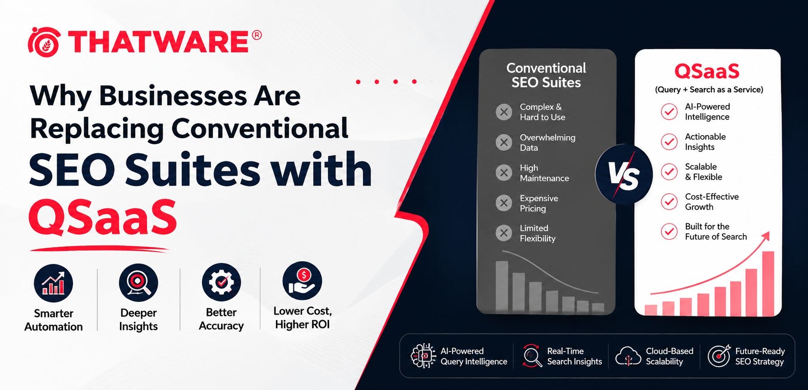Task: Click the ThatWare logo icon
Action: (x=44, y=42)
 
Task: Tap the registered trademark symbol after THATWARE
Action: (x=257, y=35)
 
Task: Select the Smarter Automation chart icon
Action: (x=53, y=283)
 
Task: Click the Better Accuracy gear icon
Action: (x=221, y=282)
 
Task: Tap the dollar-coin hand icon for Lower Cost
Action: (x=302, y=281)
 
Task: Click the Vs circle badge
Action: (x=623, y=174)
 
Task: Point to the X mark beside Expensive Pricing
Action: (x=504, y=203)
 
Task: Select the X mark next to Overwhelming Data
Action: (x=504, y=142)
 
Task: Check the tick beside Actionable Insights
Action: (x=669, y=142)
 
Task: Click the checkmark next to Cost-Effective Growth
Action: (x=669, y=202)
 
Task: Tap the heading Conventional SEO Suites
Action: (x=546, y=75)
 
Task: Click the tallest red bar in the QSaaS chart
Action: (x=768, y=283)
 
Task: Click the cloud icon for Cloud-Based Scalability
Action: (x=628, y=356)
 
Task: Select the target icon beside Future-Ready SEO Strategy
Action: (x=719, y=356)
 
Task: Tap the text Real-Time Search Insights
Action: (x=575, y=356)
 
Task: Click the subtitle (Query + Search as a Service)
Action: (x=709, y=89)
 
